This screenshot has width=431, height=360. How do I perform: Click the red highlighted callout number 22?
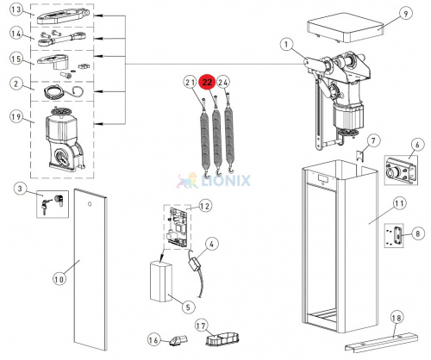(x=207, y=83)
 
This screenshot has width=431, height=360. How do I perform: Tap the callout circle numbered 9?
(x=405, y=14)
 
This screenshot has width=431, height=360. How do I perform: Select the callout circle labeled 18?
(x=397, y=318)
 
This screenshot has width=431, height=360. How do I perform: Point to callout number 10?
(x=59, y=279)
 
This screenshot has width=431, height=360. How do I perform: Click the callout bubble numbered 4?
(x=211, y=245)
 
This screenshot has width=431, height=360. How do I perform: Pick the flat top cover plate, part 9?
(x=346, y=28)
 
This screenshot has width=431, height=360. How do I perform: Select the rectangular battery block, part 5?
(x=161, y=282)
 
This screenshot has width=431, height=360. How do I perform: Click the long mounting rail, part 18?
(x=381, y=343)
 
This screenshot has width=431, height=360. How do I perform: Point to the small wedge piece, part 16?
(x=178, y=340)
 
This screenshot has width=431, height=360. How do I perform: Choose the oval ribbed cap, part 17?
(x=222, y=339)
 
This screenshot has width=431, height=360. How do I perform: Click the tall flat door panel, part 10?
(x=91, y=270)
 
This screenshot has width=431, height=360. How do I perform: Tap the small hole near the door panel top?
(x=90, y=204)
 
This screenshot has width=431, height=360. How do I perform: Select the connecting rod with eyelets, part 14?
(x=62, y=39)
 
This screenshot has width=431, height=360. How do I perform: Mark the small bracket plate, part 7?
(x=360, y=157)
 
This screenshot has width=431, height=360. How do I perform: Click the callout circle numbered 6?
(x=417, y=145)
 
